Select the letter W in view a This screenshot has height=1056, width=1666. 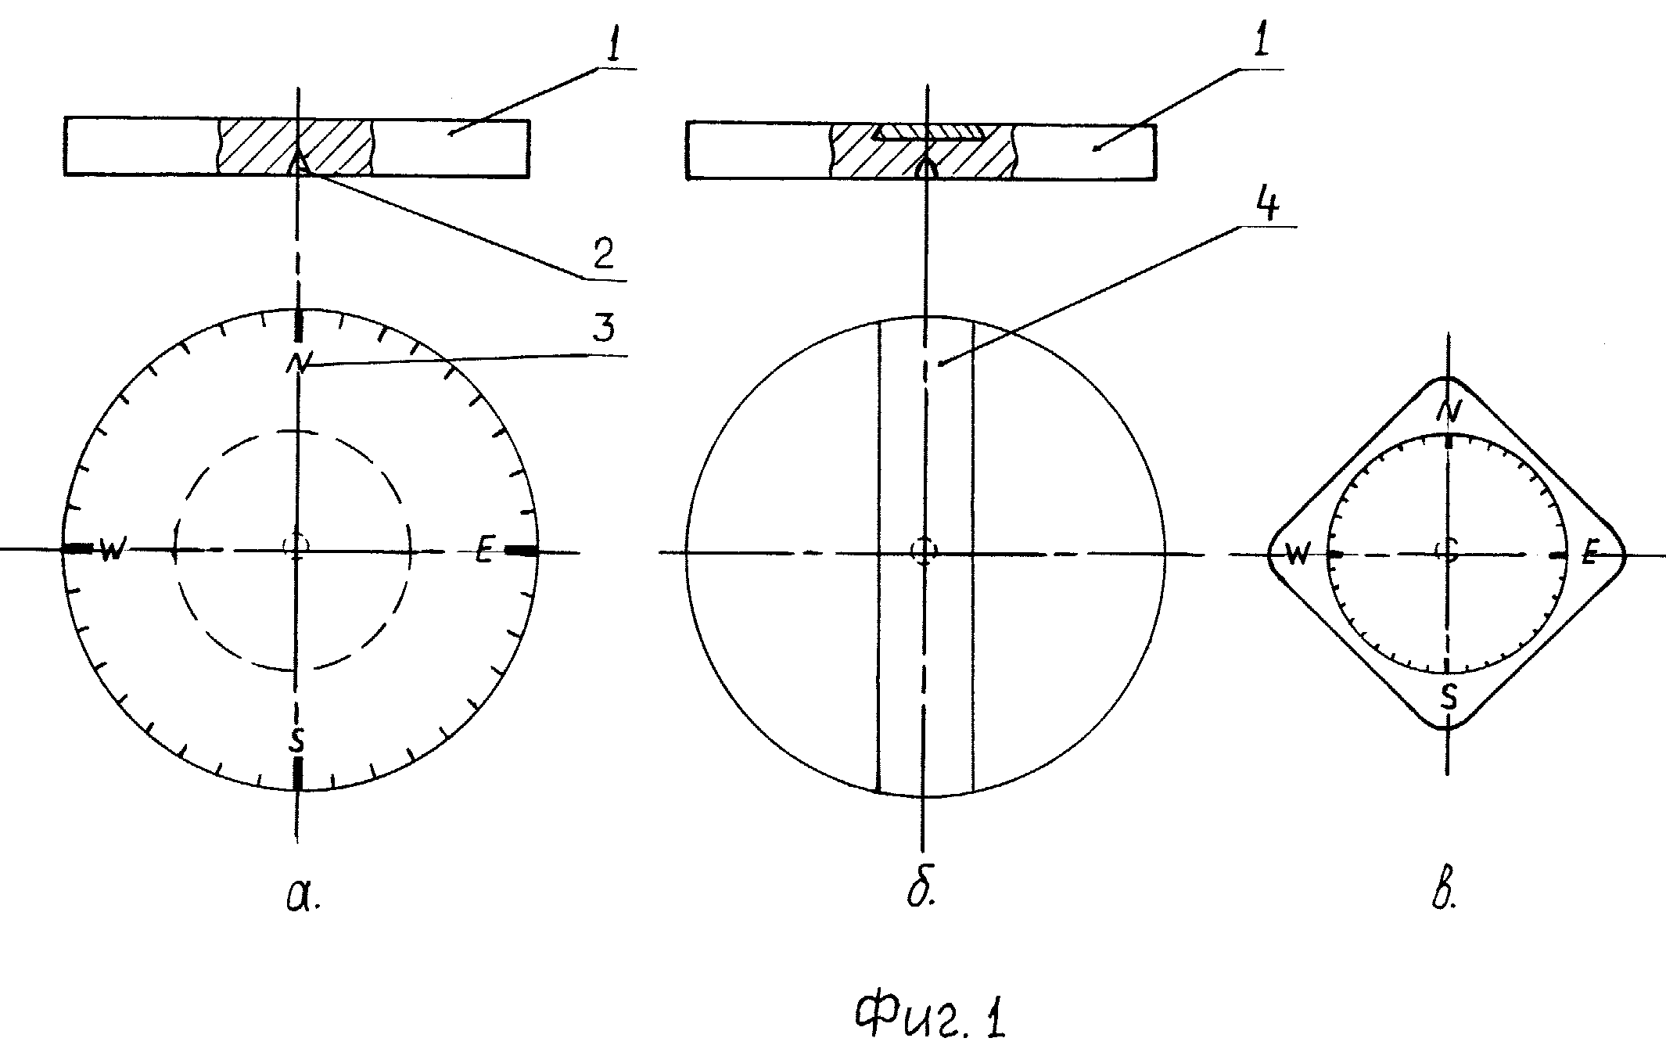click(111, 551)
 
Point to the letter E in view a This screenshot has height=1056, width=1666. click(485, 552)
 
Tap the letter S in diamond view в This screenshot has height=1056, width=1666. click(1449, 697)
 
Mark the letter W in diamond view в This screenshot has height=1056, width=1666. click(1298, 554)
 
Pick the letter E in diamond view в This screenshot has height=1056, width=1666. click(1588, 555)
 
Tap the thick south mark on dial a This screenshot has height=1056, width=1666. click(297, 774)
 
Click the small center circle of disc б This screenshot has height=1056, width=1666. click(925, 551)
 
